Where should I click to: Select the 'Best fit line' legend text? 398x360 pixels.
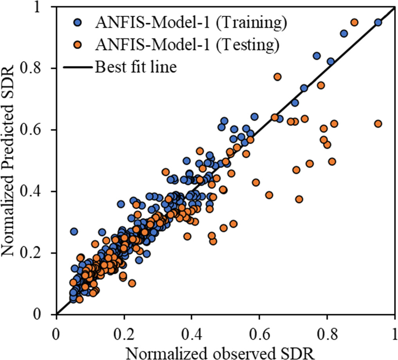click(135, 67)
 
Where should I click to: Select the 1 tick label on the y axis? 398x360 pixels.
click(46, 7)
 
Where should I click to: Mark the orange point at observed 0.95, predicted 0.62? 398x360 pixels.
click(378, 123)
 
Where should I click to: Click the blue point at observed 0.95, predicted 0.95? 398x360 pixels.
click(378, 22)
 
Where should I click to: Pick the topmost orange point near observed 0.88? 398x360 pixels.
click(354, 22)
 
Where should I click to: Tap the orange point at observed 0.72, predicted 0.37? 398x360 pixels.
click(299, 199)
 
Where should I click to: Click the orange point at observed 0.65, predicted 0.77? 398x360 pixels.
click(277, 77)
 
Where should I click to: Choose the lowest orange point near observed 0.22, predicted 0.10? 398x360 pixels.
click(132, 283)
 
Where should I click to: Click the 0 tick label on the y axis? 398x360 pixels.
click(46, 314)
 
